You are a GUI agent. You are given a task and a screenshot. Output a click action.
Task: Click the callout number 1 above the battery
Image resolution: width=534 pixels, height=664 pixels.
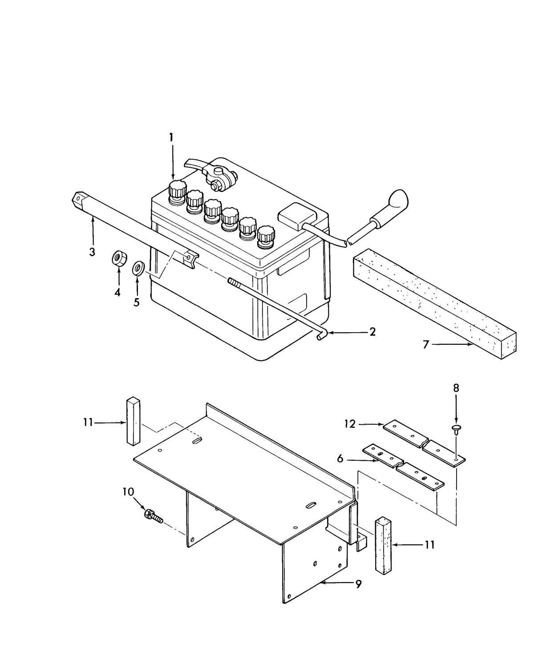pyautogui.click(x=170, y=138)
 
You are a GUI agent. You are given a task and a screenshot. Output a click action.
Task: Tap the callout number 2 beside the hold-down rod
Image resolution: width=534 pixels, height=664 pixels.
pyautogui.click(x=372, y=332)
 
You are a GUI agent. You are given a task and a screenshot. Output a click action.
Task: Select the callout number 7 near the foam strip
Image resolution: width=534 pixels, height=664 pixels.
pyautogui.click(x=425, y=344)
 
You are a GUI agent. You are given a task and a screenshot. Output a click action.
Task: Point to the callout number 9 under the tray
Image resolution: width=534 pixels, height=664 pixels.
pyautogui.click(x=359, y=584)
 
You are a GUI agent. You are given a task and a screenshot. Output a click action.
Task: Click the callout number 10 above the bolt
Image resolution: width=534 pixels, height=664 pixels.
pyautogui.click(x=128, y=492)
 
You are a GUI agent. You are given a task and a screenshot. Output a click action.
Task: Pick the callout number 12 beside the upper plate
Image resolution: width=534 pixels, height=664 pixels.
pyautogui.click(x=350, y=424)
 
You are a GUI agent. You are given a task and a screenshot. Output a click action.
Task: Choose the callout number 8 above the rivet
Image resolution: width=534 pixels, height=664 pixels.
pyautogui.click(x=456, y=388)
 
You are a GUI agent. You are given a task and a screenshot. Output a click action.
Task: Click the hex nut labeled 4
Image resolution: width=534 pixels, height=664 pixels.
pyautogui.click(x=119, y=258)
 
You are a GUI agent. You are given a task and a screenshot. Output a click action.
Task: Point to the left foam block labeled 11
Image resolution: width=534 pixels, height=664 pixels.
pyautogui.click(x=133, y=420)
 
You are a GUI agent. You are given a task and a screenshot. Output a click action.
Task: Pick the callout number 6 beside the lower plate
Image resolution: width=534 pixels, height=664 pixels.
pyautogui.click(x=340, y=459)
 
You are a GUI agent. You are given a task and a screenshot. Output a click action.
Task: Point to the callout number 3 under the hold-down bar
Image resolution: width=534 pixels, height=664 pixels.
pyautogui.click(x=92, y=252)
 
